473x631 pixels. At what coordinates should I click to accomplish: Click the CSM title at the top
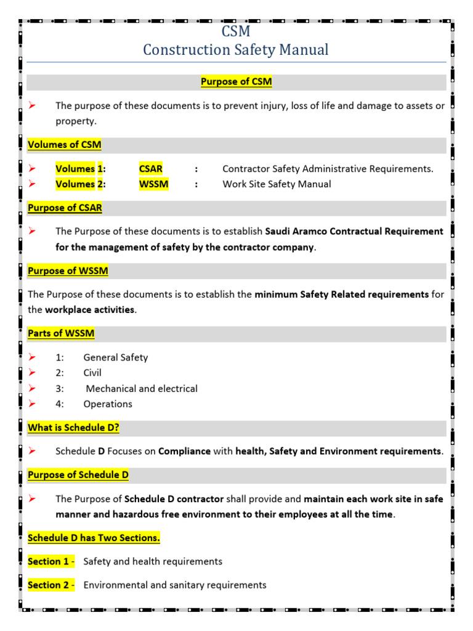click(236, 31)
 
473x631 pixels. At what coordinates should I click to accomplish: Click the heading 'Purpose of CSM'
click(236, 82)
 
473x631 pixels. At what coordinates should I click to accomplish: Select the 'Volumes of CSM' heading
click(65, 145)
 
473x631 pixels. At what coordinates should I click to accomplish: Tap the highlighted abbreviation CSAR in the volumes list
click(151, 169)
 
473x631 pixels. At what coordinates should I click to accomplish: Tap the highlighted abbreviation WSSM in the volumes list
click(153, 184)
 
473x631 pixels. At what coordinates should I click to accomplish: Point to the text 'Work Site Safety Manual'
click(277, 184)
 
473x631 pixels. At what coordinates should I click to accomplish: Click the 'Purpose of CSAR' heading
click(65, 208)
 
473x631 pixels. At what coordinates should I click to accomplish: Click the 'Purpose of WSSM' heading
click(68, 271)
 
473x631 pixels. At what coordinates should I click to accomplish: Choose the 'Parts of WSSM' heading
click(61, 333)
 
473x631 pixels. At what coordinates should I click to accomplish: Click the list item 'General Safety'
click(115, 357)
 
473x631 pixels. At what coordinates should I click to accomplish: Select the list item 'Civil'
click(92, 373)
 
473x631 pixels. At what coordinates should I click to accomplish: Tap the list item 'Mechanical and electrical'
click(142, 389)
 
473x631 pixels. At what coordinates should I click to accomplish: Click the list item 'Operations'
click(108, 404)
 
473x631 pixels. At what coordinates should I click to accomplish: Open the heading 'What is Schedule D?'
click(73, 428)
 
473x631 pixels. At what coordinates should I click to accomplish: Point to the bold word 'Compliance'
click(184, 451)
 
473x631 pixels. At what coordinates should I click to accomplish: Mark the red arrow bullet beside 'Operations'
click(33, 404)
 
